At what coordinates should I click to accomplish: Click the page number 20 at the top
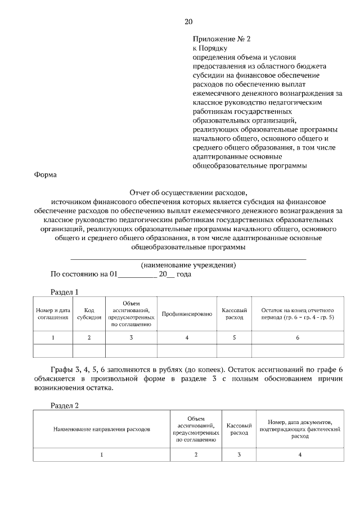tap(188, 22)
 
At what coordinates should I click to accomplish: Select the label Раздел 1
tap(64, 292)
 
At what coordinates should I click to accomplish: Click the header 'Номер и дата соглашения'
tap(53, 313)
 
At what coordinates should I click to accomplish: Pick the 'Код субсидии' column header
tap(89, 313)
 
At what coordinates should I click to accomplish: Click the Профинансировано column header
tap(187, 314)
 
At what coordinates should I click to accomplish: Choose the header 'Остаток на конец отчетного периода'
tap(298, 313)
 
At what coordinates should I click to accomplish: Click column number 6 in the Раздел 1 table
tap(298, 337)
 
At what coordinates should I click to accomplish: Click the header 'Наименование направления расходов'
tap(102, 429)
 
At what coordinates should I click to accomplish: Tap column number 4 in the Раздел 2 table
tap(300, 454)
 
